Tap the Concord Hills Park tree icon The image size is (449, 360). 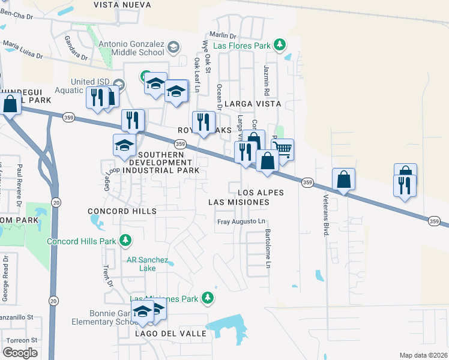coord(125,241)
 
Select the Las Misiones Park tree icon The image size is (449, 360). coord(208,298)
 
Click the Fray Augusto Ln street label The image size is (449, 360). coord(241,221)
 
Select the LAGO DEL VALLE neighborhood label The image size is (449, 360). coord(170,333)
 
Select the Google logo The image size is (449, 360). coord(20,353)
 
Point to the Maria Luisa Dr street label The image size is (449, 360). coord(23,49)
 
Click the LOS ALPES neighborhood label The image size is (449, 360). coord(261,193)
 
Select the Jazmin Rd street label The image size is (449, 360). coord(266,82)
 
